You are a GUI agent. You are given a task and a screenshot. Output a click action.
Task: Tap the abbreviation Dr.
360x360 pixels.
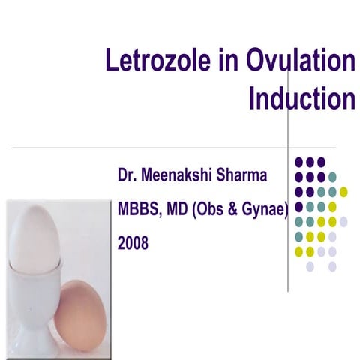tap(124, 177)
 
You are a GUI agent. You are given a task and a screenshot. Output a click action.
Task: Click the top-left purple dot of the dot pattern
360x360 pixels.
tap(298, 161)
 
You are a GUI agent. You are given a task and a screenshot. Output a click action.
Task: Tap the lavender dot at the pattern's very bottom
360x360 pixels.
tap(332, 265)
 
